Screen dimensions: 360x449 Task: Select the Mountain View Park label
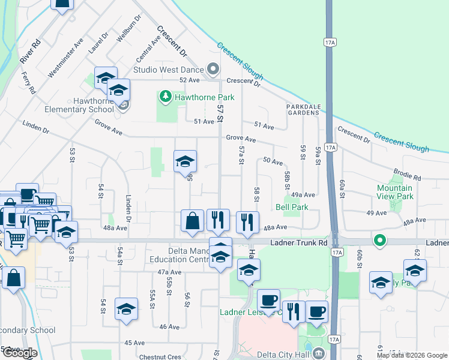[x=395, y=192]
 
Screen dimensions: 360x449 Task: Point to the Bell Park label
[x=292, y=207]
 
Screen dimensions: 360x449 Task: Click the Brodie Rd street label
[x=409, y=175]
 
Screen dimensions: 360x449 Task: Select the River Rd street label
[x=29, y=52]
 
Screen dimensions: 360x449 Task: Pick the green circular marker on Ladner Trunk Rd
[x=379, y=241]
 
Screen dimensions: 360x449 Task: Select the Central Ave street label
[x=148, y=49]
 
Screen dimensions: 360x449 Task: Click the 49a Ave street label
[x=303, y=195]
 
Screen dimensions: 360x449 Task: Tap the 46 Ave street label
[x=169, y=326]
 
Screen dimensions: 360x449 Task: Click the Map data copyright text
[x=412, y=355]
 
